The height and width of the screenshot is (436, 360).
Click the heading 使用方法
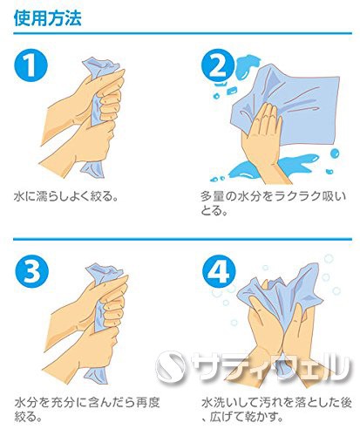(x=47, y=18)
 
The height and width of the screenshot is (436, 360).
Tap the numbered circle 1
(x=31, y=65)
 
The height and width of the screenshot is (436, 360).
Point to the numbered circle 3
(x=31, y=271)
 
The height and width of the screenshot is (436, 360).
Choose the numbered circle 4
(x=219, y=271)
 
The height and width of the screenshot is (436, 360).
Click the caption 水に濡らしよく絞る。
(x=66, y=196)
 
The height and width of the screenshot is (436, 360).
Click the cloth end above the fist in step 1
(x=100, y=67)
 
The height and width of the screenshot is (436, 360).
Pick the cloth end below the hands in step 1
(x=92, y=169)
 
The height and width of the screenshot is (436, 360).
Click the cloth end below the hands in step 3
(x=97, y=376)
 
